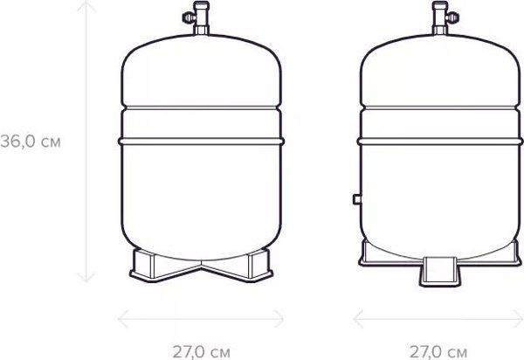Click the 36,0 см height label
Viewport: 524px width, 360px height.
[31, 142]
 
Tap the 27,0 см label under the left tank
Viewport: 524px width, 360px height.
[201, 352]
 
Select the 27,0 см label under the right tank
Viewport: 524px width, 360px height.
[438, 352]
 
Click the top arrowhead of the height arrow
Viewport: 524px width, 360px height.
[86, 6]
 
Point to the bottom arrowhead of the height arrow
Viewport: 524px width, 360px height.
[86, 278]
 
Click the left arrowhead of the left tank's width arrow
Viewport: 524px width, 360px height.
[123, 319]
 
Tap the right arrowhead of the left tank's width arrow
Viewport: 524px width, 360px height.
[279, 319]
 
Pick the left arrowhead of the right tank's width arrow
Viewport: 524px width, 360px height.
[359, 319]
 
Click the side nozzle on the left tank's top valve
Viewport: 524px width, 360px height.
[189, 17]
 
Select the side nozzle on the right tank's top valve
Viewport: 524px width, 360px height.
[452, 17]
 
